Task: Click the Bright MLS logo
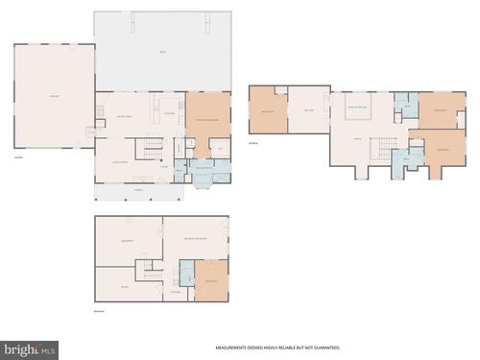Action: (30, 349)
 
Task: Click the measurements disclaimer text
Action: (277, 348)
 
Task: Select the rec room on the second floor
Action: (308, 110)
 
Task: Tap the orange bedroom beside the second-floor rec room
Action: (268, 110)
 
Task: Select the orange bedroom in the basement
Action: (210, 281)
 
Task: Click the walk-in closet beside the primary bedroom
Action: (220, 149)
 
